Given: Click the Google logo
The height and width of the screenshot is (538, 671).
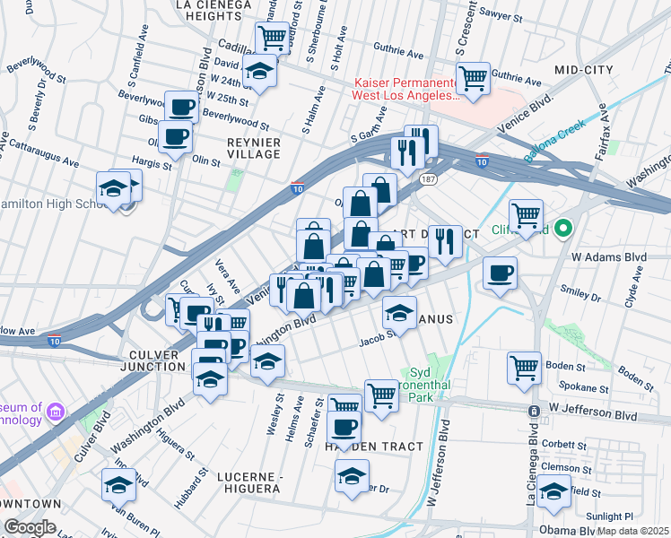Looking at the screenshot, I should coord(30,527).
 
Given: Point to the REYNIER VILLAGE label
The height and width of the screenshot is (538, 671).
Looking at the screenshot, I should coord(254,148).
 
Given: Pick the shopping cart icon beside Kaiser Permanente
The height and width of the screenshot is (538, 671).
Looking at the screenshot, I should coord(473,77).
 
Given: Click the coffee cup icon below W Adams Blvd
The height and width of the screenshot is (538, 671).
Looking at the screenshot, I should coord(500,273).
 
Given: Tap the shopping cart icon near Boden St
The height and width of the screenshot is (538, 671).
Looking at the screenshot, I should coord(524,366).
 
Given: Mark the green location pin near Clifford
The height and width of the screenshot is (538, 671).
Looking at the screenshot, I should coord(563,229).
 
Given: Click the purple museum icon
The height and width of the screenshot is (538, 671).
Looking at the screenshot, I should coord(56,412).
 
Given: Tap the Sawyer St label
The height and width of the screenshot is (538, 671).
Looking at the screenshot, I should coord(501,16).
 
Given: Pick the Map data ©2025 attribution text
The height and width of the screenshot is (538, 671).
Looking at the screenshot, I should coord(632,530).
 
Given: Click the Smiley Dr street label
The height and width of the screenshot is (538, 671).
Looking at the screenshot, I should coord(579,292).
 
